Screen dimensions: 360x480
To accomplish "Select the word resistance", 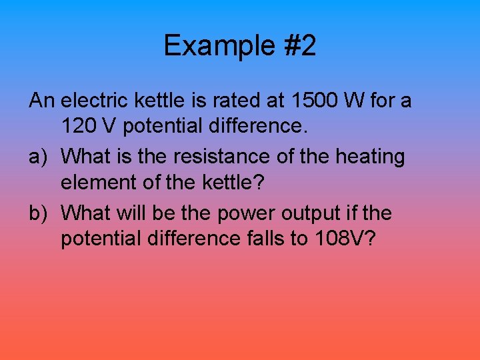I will [x=207, y=157].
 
